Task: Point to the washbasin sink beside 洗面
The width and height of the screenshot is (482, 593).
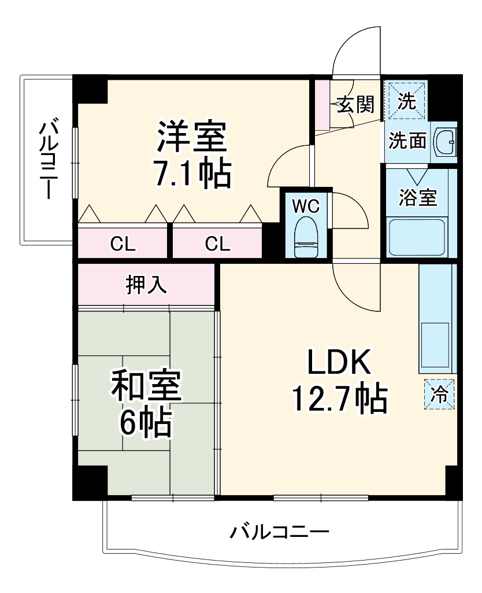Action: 445,142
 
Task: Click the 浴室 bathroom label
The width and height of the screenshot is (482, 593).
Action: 418,197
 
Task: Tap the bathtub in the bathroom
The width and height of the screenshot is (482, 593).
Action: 417,236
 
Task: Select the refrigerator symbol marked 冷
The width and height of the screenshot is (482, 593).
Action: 439,393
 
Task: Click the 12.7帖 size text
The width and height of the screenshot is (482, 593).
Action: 339,399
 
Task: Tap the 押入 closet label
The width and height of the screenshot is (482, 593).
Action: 147,285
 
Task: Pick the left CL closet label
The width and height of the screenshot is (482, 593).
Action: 123,244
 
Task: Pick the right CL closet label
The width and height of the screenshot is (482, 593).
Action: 217,244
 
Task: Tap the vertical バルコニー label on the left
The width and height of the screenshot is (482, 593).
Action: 48,159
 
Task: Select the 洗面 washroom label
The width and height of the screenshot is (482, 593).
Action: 407,141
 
